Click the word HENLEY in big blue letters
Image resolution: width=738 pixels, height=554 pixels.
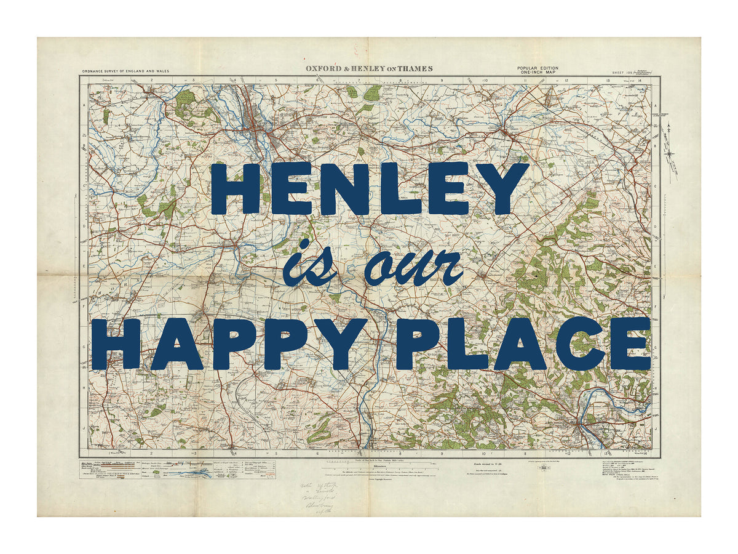coord(369,188)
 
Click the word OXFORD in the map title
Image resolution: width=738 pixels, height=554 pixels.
coord(322,69)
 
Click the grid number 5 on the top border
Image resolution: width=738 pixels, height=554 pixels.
coord(276,81)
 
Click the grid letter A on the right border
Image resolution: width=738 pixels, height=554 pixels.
coord(656,106)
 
